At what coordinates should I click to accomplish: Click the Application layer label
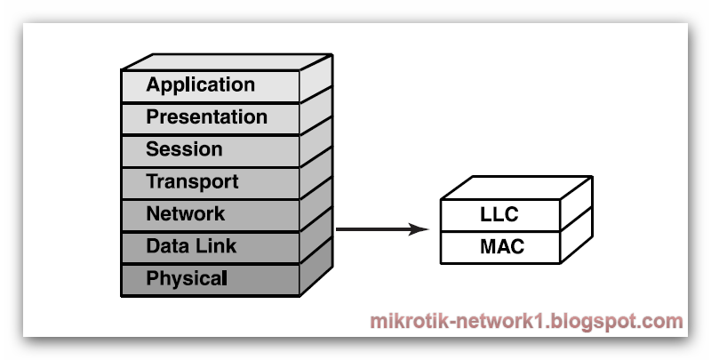200,85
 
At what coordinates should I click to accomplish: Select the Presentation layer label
206,117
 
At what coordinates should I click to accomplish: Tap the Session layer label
184,149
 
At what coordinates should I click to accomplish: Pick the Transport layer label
192,182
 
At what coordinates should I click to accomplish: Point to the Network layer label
185,214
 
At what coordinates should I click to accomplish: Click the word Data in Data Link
164,246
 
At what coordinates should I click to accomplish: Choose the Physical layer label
187,278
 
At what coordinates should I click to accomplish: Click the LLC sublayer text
499,215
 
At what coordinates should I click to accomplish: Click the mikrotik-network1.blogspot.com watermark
526,321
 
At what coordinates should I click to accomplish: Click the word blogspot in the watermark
601,322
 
